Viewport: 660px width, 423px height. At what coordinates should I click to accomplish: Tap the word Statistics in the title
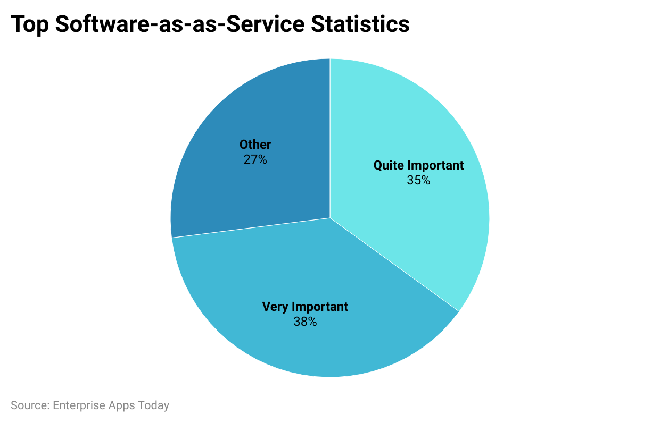click(360, 24)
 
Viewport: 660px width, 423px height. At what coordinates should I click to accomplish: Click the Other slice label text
click(255, 145)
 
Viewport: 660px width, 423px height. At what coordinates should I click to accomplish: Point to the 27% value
click(255, 159)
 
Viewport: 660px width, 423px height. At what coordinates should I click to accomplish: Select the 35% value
click(418, 180)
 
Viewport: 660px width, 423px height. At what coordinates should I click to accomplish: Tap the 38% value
click(305, 322)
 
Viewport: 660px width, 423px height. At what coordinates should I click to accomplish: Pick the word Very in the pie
click(275, 307)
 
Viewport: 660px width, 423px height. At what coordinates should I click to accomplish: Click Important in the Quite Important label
click(435, 165)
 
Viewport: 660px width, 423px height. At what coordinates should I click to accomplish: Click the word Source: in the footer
click(30, 405)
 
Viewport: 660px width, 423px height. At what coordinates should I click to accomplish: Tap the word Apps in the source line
click(122, 405)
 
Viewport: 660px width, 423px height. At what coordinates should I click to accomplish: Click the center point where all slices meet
click(330, 218)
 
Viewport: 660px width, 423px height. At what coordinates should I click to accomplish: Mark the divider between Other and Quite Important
click(330, 138)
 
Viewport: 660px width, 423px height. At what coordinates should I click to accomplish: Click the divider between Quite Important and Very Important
click(394, 265)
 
